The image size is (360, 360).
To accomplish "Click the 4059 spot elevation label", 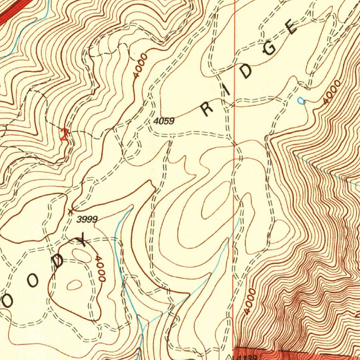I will [164, 121].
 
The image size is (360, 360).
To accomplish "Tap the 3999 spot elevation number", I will [87, 220].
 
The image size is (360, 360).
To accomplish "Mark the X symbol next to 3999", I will [71, 211].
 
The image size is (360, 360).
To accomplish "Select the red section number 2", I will [64, 135].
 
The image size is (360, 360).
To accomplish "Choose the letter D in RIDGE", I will [247, 71].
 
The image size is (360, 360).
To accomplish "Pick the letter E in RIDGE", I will [291, 28].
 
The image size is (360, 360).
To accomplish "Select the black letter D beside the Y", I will [59, 262].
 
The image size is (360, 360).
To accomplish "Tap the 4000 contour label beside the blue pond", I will [332, 92].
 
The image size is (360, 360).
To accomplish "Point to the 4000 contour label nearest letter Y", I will [100, 269].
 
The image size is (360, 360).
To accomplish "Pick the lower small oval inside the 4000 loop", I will [74, 285].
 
